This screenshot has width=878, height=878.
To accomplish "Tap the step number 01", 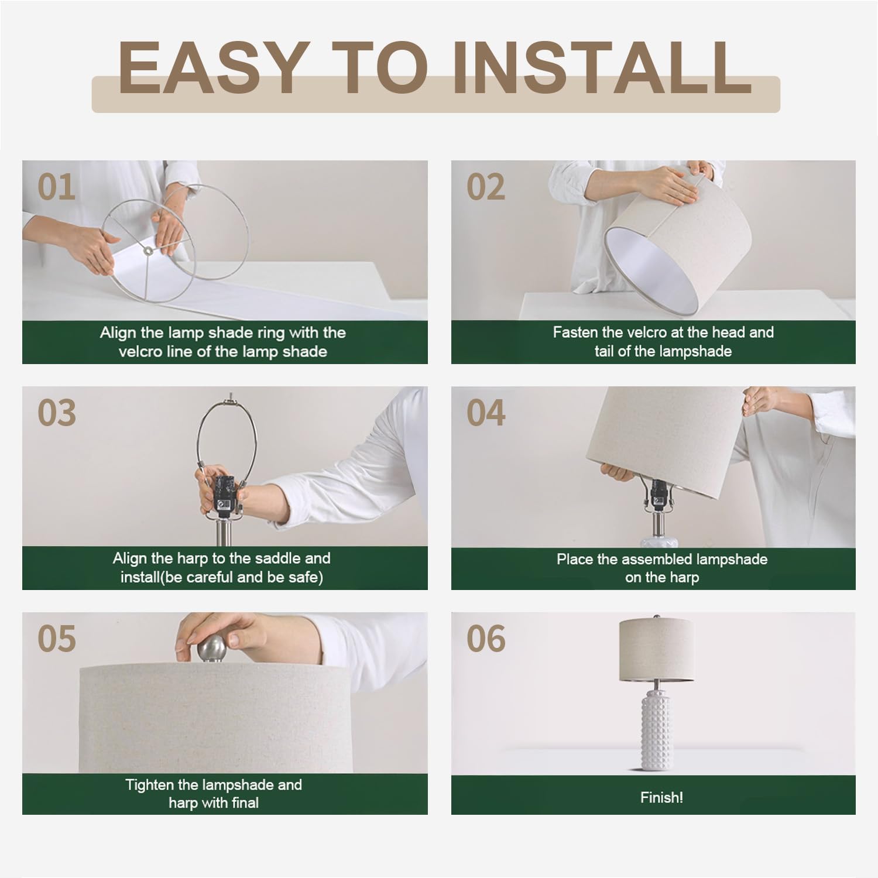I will [56, 187].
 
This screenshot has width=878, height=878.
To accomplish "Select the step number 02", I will [485, 187].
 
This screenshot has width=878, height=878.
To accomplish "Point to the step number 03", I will [56, 413].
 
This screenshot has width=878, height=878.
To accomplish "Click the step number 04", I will [485, 413].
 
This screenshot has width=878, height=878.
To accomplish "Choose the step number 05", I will [56, 639].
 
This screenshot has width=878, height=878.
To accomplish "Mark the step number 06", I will [485, 639].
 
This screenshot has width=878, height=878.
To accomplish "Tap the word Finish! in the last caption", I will [661, 797].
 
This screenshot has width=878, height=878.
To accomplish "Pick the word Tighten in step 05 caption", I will [150, 784].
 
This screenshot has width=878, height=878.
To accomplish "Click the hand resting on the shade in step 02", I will [673, 186].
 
